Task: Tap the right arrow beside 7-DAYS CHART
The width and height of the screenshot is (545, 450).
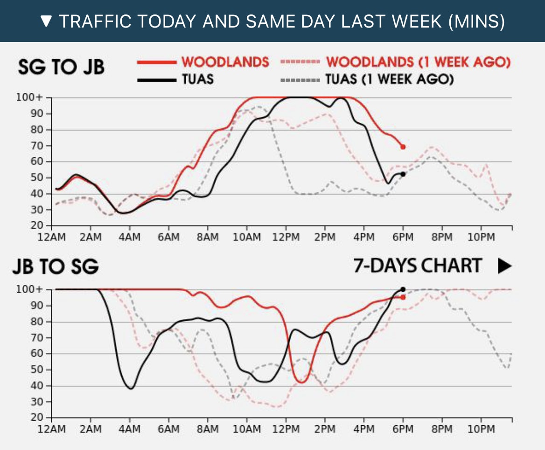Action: pyautogui.click(x=504, y=266)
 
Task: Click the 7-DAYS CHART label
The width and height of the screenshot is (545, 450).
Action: pyautogui.click(x=417, y=266)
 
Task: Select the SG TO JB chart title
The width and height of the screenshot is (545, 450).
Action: pyautogui.click(x=61, y=67)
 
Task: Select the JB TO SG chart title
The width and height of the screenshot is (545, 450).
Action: pyautogui.click(x=56, y=267)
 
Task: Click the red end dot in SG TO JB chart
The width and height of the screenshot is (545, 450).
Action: pyautogui.click(x=403, y=147)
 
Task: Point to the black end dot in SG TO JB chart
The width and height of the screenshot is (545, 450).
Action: pyautogui.click(x=403, y=174)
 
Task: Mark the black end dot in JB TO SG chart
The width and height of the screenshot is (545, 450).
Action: pyautogui.click(x=403, y=289)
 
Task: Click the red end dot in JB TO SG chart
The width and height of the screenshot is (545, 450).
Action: pyautogui.click(x=403, y=297)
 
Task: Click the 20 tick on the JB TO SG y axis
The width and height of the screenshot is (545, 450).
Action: pyautogui.click(x=38, y=417)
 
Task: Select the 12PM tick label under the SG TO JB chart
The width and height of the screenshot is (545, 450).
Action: pyautogui.click(x=286, y=237)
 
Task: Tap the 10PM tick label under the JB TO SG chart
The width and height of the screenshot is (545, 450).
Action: pyautogui.click(x=481, y=429)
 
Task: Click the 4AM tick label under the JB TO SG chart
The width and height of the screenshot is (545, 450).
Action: pyautogui.click(x=130, y=429)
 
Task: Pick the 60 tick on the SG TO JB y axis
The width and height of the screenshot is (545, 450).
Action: pyautogui.click(x=38, y=162)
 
